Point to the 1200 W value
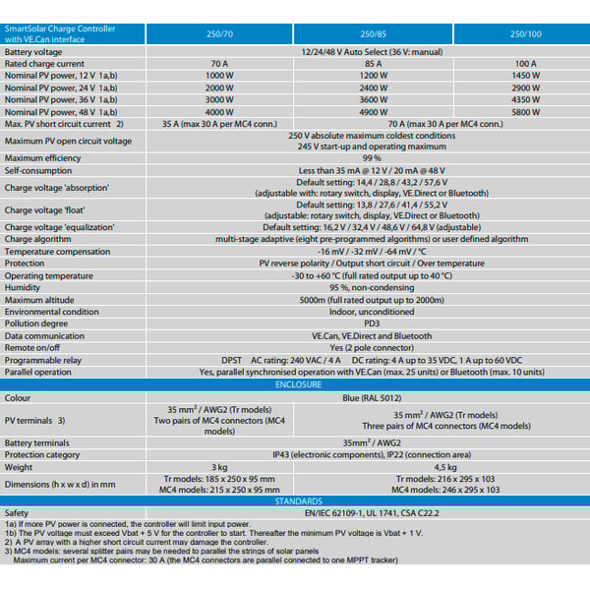coord(372,76)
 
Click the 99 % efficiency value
coord(372,157)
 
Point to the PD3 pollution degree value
coord(372,323)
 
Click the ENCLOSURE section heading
coord(372,384)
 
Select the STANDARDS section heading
coord(372,501)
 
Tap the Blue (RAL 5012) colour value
coord(372,397)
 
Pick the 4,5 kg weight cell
coord(444,466)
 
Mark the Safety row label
coord(17,512)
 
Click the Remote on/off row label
coord(37,347)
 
